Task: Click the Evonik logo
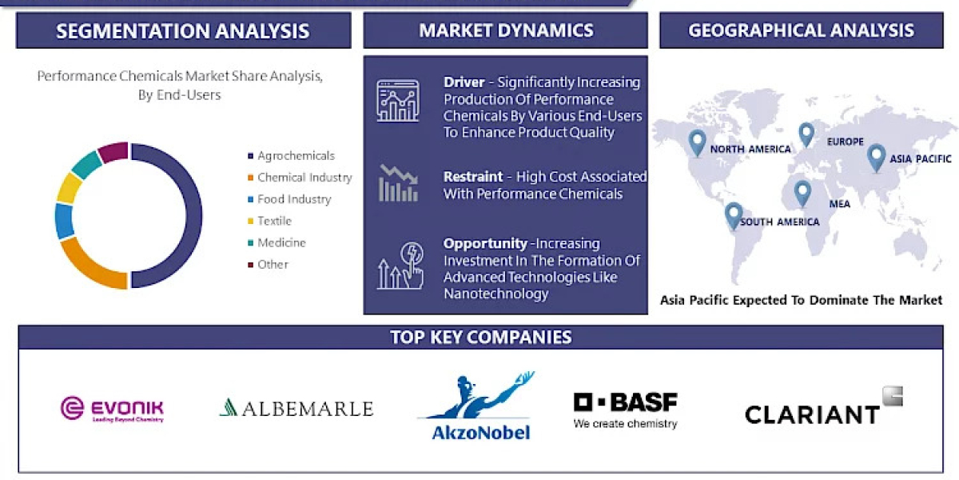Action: tap(112, 408)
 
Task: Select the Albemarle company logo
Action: tap(296, 408)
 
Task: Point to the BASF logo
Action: tap(625, 409)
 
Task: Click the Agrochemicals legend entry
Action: tap(295, 156)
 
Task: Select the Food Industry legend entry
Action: tap(293, 199)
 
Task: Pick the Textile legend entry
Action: tap(273, 221)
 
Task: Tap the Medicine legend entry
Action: tap(281, 242)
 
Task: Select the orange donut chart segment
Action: tap(92, 265)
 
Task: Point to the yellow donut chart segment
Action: tap(69, 188)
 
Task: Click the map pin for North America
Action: tap(698, 142)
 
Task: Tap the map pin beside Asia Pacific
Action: tap(876, 157)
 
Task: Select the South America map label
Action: tap(779, 222)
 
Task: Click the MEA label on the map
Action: tap(839, 204)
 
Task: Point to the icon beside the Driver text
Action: tap(398, 102)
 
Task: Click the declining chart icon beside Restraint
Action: tap(398, 183)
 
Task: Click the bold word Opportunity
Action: tap(485, 243)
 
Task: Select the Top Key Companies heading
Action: tap(480, 337)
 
